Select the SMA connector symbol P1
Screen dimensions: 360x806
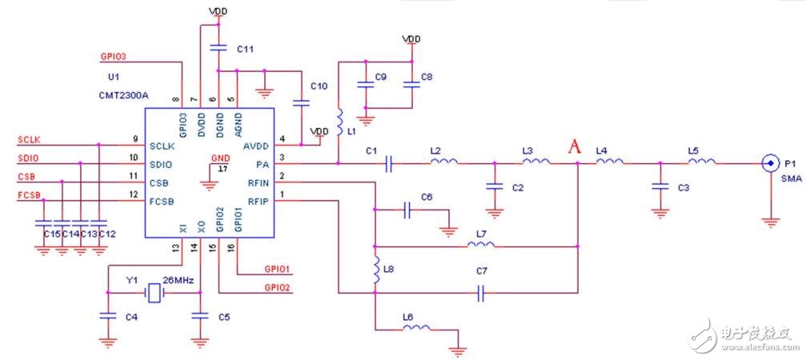coord(770,163)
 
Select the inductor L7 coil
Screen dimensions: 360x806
coord(481,245)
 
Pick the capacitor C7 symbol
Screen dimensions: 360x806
coord(481,294)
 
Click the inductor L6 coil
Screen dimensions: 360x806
coord(416,327)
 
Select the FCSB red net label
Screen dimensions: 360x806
coord(30,195)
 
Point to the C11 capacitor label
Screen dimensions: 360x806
coord(246,49)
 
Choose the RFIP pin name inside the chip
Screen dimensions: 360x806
coord(258,201)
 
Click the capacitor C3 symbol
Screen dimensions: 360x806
coord(660,186)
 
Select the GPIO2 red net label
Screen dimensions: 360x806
coord(277,287)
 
